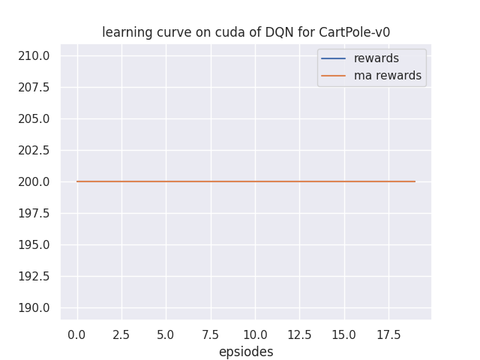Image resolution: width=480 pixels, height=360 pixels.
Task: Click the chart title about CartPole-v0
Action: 246,32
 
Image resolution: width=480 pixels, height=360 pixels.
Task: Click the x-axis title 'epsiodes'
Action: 246,352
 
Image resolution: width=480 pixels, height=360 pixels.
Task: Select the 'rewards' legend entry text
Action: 376,58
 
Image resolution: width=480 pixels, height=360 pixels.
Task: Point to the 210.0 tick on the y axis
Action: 34,55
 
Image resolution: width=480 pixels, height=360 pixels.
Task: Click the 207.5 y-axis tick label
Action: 34,87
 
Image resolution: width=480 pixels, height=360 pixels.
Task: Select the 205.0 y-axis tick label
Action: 34,118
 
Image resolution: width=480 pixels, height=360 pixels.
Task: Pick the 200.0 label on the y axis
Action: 34,181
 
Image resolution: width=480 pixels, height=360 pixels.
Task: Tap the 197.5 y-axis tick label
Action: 34,213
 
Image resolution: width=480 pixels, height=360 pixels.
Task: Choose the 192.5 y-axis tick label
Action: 34,276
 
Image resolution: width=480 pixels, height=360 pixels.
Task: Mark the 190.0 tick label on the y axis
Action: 34,307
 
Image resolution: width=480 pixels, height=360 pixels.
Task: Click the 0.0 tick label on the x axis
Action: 77,333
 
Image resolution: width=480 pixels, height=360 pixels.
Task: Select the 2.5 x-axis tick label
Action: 121,333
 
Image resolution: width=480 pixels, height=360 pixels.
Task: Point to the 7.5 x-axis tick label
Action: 211,333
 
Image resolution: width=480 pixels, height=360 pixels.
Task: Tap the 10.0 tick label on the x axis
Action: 255,333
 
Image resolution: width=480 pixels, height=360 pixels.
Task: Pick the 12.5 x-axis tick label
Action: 299,333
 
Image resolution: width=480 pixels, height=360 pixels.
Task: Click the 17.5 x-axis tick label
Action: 388,333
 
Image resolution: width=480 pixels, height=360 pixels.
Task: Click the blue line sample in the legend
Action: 334,58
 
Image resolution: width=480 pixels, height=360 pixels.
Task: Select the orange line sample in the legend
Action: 334,76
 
